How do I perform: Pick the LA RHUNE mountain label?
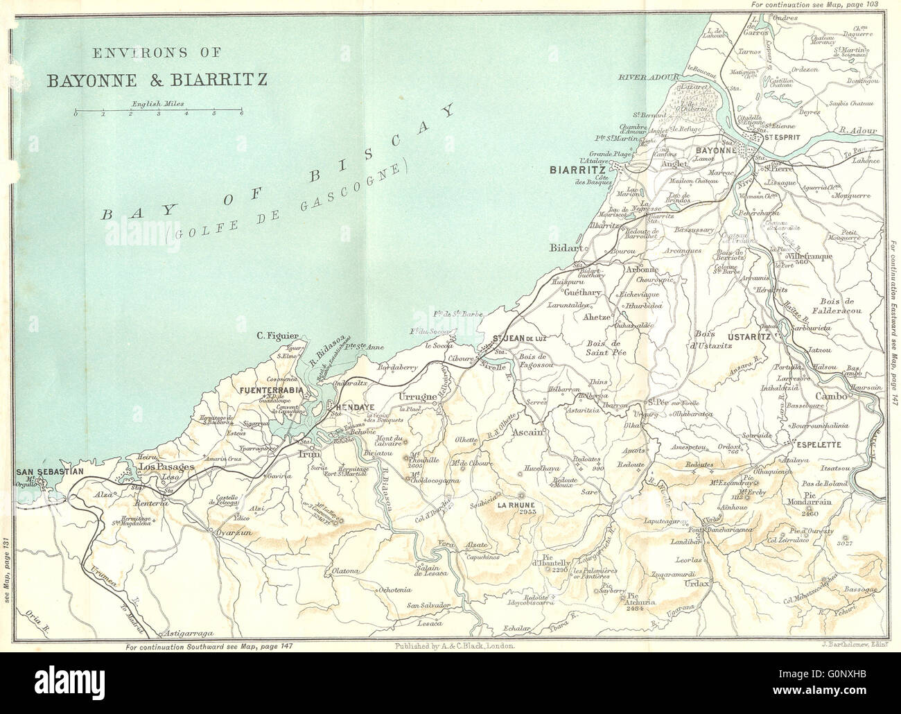(x=521, y=505)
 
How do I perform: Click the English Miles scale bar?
(x=158, y=111)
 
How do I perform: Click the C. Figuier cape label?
(x=274, y=338)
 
